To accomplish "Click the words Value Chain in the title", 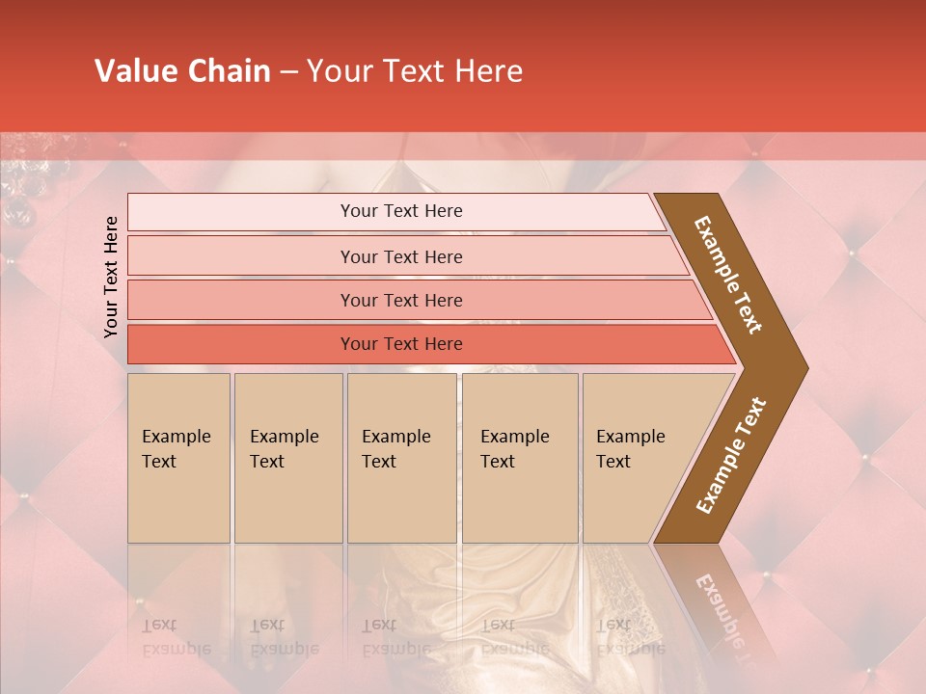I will pyautogui.click(x=182, y=71).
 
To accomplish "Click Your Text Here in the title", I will pyautogui.click(x=415, y=71).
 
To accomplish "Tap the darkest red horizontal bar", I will pyautogui.click(x=241, y=344).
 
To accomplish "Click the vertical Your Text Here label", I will pyautogui.click(x=111, y=278).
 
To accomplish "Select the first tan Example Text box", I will pyautogui.click(x=178, y=459).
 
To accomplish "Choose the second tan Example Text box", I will pyautogui.click(x=287, y=459).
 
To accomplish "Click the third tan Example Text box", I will pyautogui.click(x=401, y=459).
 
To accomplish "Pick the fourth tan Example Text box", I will pyautogui.click(x=520, y=459).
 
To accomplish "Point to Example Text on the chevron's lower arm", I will pyautogui.click(x=730, y=455).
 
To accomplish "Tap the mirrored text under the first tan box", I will pyautogui.click(x=176, y=637).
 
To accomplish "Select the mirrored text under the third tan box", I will pyautogui.click(x=395, y=637).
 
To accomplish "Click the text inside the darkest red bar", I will pyautogui.click(x=401, y=344).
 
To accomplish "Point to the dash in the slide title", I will pyautogui.click(x=288, y=72).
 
